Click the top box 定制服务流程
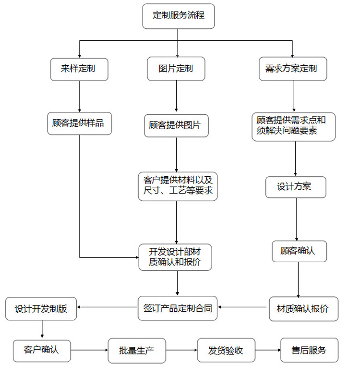pos(178,16)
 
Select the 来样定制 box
pos(78,69)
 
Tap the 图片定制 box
pos(176,69)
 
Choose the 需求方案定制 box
pos(291,69)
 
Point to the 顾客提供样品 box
pos(78,123)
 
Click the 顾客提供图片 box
pos(176,126)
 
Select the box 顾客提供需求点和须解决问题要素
pos(293,126)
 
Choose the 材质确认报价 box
pos(303,309)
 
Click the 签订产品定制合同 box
pos(178,308)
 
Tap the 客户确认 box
pos(42,350)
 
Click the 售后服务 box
pos(309,350)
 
